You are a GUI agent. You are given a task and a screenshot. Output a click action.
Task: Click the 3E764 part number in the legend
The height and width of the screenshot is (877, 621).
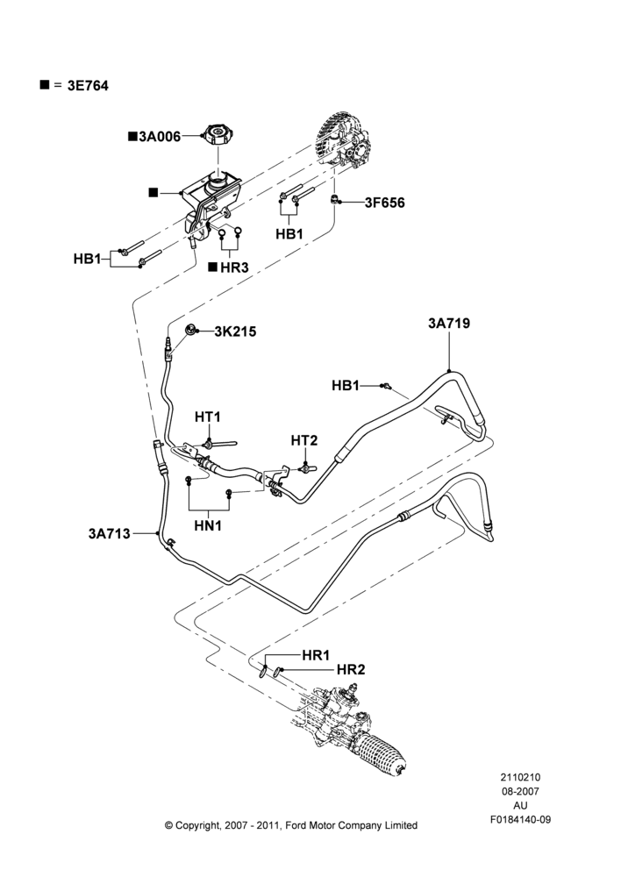[88, 86]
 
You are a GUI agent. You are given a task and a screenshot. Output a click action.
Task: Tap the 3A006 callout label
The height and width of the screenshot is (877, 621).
[160, 137]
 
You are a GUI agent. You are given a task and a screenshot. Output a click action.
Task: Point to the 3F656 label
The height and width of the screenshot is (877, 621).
[385, 203]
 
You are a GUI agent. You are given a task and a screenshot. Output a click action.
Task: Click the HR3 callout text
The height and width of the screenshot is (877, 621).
[234, 267]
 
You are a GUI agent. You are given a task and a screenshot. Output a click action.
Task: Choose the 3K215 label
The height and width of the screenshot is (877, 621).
[236, 332]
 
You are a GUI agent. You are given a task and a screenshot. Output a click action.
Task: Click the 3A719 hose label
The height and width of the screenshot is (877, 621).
[449, 324]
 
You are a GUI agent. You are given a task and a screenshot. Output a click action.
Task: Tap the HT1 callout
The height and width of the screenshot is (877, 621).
[208, 417]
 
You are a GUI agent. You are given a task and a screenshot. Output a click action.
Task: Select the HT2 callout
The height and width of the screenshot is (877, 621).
[304, 441]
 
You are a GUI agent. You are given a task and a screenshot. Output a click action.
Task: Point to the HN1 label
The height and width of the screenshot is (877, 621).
[208, 525]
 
